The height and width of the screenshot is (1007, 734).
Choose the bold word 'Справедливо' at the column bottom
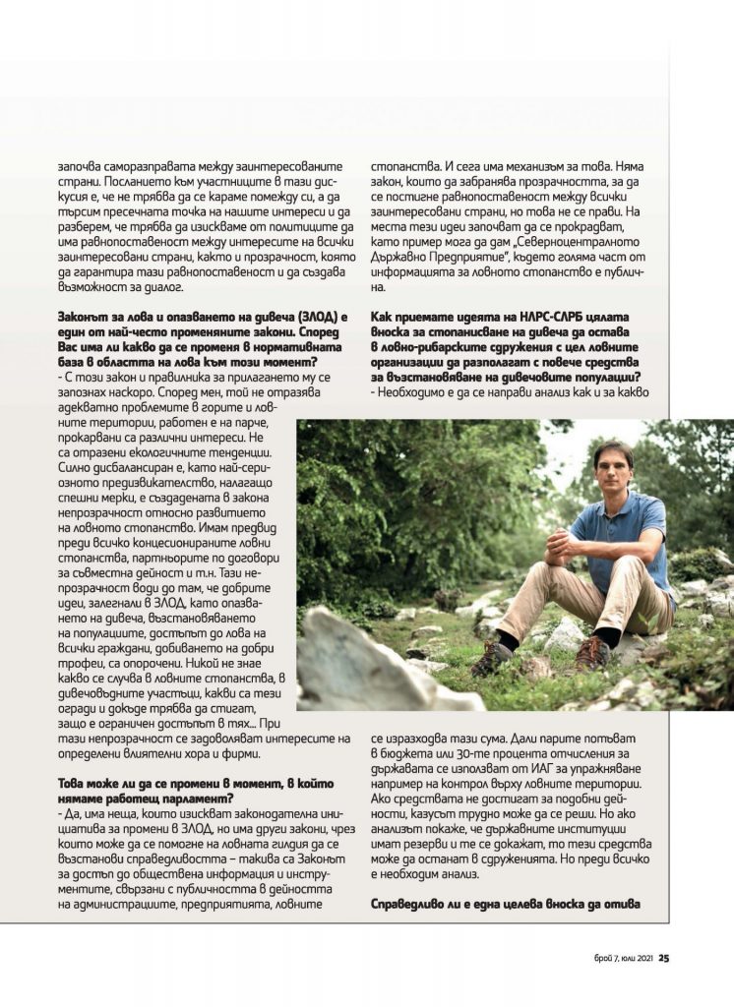tap(415, 903)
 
